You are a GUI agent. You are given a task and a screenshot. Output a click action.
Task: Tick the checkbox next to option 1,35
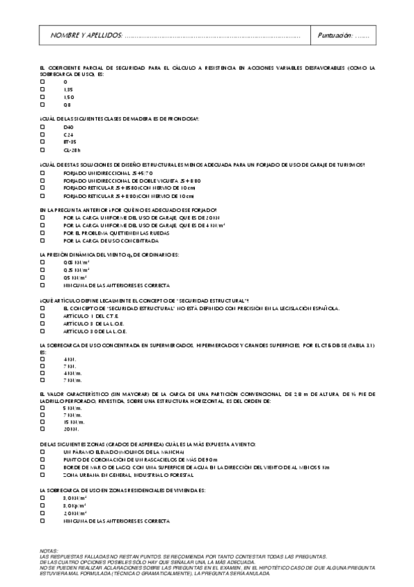(43, 89)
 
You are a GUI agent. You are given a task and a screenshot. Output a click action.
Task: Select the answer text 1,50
(68, 98)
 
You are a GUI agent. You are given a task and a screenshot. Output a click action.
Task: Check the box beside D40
(43, 127)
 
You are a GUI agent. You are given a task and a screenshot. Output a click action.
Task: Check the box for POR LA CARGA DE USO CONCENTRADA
(43, 241)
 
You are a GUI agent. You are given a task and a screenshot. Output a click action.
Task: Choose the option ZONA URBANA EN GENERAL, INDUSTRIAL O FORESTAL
(128, 474)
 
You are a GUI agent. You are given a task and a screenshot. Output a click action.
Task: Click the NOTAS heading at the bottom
(50, 550)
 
